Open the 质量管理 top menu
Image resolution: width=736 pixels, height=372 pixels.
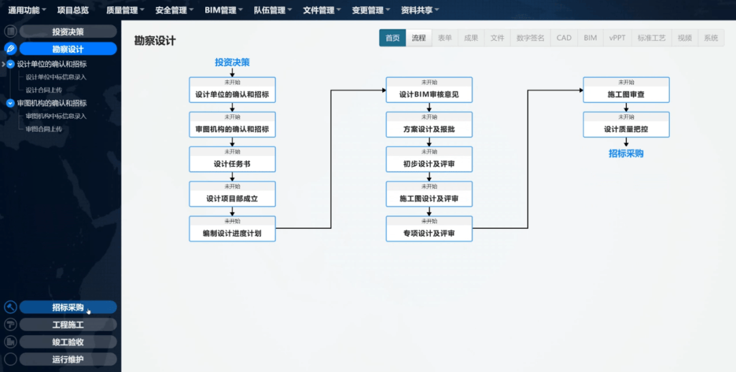(x=125, y=10)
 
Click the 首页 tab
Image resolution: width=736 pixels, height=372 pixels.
(x=393, y=38)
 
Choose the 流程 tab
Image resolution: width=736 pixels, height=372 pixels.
(x=418, y=38)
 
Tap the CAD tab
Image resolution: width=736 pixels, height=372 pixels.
(x=564, y=38)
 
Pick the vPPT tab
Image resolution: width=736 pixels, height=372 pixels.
(x=617, y=38)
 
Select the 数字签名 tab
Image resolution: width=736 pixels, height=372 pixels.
(x=531, y=38)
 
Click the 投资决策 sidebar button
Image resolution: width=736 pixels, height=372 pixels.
(x=68, y=32)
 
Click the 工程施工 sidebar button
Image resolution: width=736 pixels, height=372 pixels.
(x=68, y=325)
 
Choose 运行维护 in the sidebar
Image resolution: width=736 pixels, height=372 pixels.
(x=68, y=359)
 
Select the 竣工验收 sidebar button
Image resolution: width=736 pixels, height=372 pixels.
(x=68, y=342)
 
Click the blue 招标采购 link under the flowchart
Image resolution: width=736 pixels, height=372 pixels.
(x=626, y=154)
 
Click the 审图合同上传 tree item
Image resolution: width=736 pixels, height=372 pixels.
(x=44, y=129)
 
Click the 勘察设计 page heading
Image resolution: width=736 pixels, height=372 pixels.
(x=155, y=41)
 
